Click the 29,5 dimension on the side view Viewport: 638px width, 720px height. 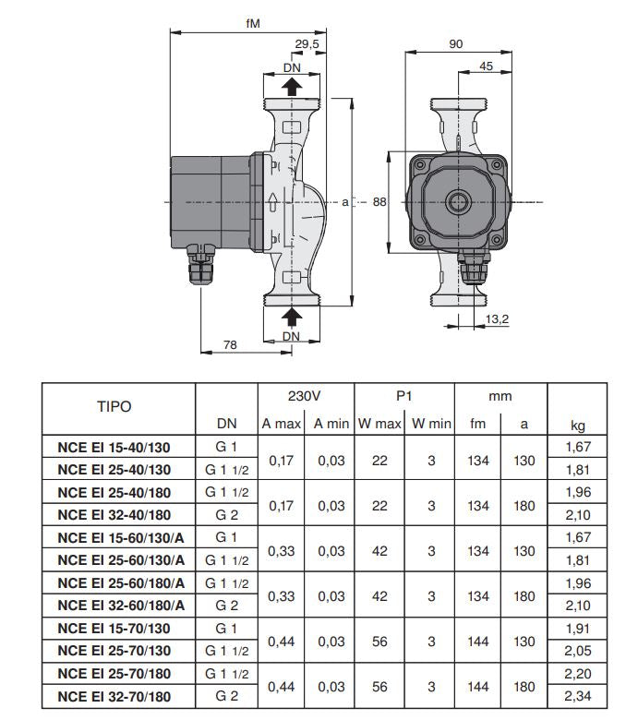307,43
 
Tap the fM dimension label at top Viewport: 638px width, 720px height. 252,22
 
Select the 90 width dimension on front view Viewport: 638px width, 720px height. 455,43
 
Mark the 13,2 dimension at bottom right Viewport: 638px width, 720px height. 498,318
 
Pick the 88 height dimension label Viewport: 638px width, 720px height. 379,202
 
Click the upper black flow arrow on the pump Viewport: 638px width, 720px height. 291,87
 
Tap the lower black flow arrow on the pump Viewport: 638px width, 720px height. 291,317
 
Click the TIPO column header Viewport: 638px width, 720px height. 114,406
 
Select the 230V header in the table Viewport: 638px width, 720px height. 304,395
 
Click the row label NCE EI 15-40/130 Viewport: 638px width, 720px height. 114,448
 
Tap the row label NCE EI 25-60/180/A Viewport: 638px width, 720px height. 121,582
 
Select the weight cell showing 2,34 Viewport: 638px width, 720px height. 577,697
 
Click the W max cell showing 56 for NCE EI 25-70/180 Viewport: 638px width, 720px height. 379,687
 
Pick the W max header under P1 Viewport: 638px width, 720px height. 379,425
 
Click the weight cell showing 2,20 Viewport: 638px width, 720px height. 577,675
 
